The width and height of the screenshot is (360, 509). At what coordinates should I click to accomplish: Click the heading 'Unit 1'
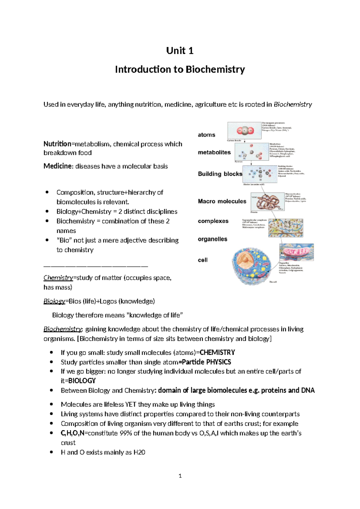(x=180, y=50)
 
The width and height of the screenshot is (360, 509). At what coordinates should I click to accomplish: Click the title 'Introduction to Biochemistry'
(x=180, y=69)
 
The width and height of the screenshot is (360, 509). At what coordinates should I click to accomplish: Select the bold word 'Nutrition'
(x=57, y=144)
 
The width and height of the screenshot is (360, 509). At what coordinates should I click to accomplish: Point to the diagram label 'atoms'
(x=206, y=135)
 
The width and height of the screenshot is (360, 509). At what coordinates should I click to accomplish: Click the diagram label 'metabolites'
(x=214, y=152)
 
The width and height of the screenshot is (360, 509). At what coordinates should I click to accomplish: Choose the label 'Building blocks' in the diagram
(x=220, y=174)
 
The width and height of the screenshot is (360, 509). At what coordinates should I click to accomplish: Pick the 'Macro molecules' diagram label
(x=222, y=201)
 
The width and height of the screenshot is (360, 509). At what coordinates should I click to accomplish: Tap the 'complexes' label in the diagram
(x=213, y=221)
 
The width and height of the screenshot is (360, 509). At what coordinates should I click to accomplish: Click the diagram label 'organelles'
(x=212, y=239)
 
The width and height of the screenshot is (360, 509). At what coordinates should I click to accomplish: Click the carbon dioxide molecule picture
(x=245, y=131)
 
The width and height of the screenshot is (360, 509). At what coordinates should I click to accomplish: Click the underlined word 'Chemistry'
(x=58, y=278)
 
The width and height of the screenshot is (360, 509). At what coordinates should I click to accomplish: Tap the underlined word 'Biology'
(x=54, y=301)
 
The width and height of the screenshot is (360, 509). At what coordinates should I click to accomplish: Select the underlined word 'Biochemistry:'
(x=63, y=329)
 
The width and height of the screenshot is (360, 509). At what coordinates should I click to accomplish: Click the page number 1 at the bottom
(x=180, y=476)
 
